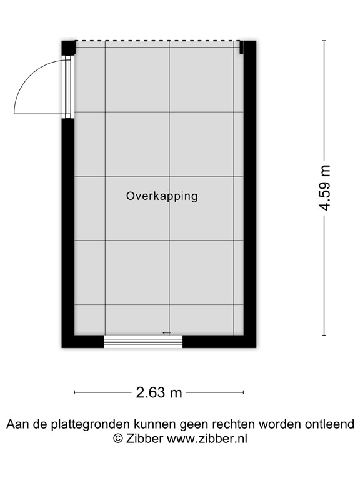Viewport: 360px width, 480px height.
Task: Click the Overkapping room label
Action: [162, 196]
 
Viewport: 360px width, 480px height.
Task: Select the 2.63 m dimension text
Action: [159, 392]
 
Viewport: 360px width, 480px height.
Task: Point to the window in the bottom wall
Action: [143, 342]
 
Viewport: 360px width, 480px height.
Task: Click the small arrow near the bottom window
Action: [166, 332]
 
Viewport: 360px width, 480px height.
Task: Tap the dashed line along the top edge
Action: [157, 41]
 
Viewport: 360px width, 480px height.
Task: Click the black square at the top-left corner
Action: [69, 47]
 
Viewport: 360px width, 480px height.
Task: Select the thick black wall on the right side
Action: [250, 194]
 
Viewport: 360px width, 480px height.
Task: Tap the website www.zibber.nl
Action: [207, 439]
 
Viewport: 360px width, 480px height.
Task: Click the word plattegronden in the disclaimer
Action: [91, 425]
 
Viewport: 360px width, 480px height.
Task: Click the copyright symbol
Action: [118, 439]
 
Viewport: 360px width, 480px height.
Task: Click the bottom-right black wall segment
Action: [219, 342]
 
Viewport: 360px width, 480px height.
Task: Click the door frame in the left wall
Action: [68, 87]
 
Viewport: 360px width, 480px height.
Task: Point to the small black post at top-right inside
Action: [241, 47]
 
